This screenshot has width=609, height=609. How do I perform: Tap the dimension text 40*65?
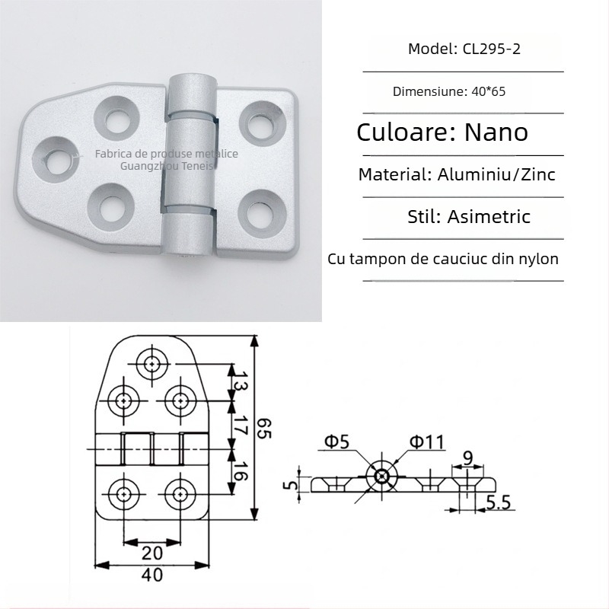pos(488,91)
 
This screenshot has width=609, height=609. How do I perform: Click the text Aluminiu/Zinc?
pos(496,174)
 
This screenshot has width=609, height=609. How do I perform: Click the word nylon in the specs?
pos(536,259)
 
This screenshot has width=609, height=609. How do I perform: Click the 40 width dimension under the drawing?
pos(153,576)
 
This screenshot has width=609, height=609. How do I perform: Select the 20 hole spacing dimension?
pos(151,551)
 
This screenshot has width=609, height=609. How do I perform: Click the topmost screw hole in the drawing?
pos(153,364)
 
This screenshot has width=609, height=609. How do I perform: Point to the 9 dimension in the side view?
pos(469,458)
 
